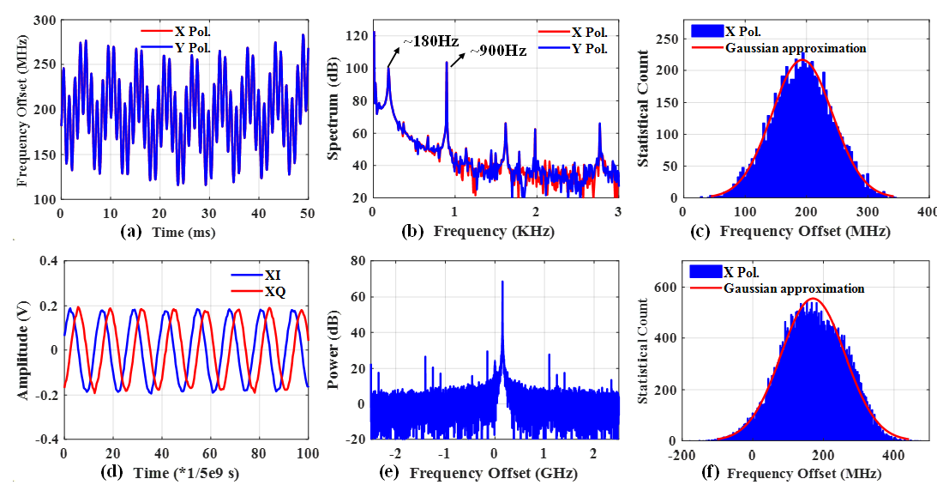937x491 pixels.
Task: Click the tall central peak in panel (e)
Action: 502,283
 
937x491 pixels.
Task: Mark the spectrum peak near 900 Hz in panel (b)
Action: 446,64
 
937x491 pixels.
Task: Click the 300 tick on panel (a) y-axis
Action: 44,21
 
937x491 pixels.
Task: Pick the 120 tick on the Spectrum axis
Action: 357,37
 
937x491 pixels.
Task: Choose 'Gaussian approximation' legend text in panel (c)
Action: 796,48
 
